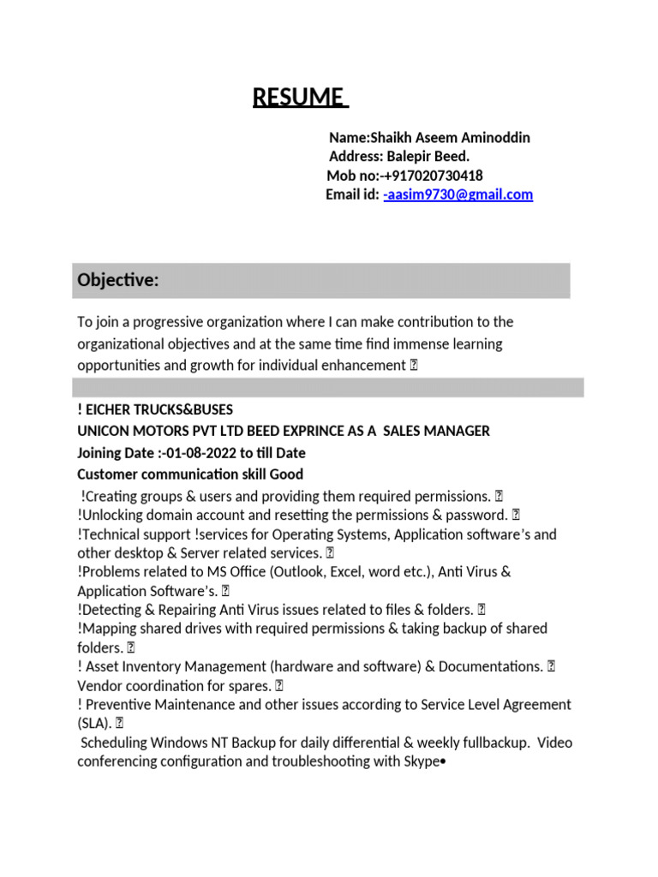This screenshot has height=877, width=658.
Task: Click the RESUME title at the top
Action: tap(299, 98)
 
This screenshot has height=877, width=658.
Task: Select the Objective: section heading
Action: tap(118, 281)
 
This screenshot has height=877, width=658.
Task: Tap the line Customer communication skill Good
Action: tap(190, 474)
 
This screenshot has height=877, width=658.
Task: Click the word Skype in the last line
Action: tap(418, 761)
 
